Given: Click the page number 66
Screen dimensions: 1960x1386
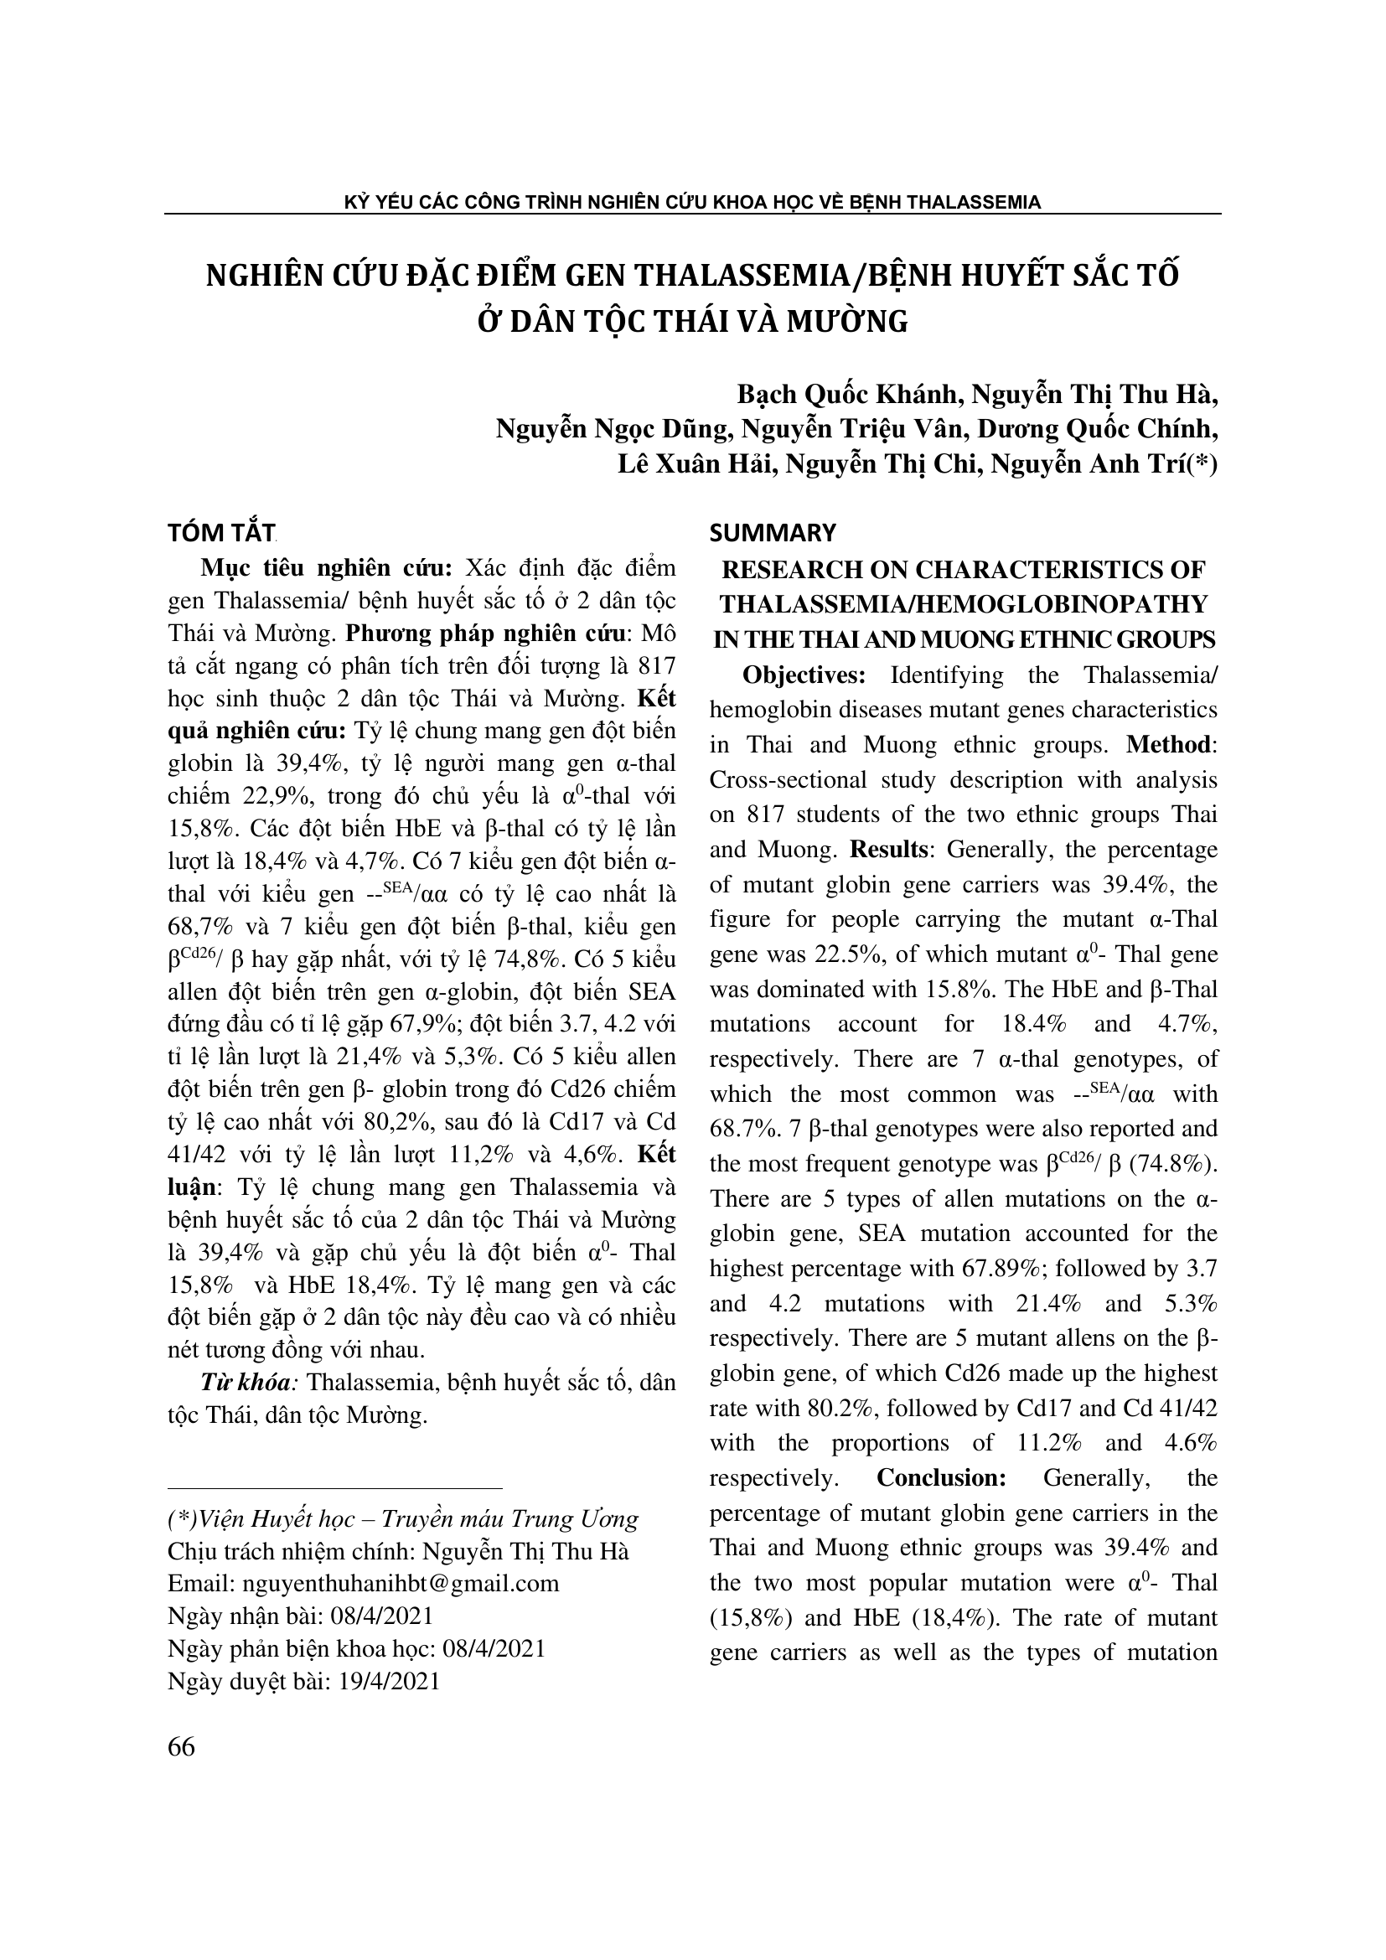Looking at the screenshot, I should [182, 1747].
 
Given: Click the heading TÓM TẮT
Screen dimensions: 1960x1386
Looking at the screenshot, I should [220, 533].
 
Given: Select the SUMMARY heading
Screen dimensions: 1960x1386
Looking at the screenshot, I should [773, 533].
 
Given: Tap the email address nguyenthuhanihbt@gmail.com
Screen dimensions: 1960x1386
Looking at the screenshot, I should [401, 1584].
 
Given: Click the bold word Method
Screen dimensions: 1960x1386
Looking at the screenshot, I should [1168, 745].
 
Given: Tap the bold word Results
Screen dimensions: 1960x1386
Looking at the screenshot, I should [888, 850].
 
